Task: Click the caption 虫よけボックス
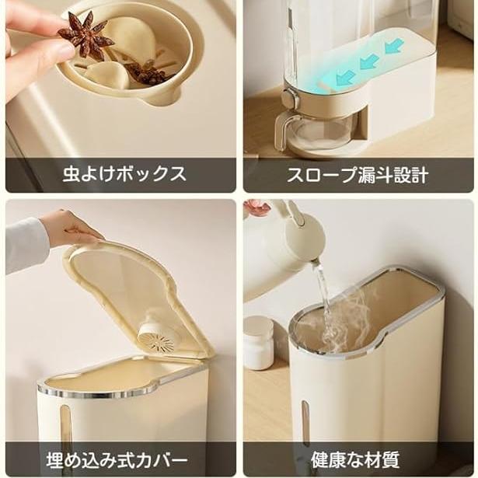point(124,174)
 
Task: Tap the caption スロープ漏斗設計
point(358,175)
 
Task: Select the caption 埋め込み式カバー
point(117,460)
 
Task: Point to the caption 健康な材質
point(355,460)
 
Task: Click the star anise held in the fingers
point(84,36)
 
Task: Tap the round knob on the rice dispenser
point(289,99)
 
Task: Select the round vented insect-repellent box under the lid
point(156,335)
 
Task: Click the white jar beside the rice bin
point(259,342)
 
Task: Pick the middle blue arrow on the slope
point(369,61)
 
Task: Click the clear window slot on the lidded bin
point(65,424)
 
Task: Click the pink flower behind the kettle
point(257,208)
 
